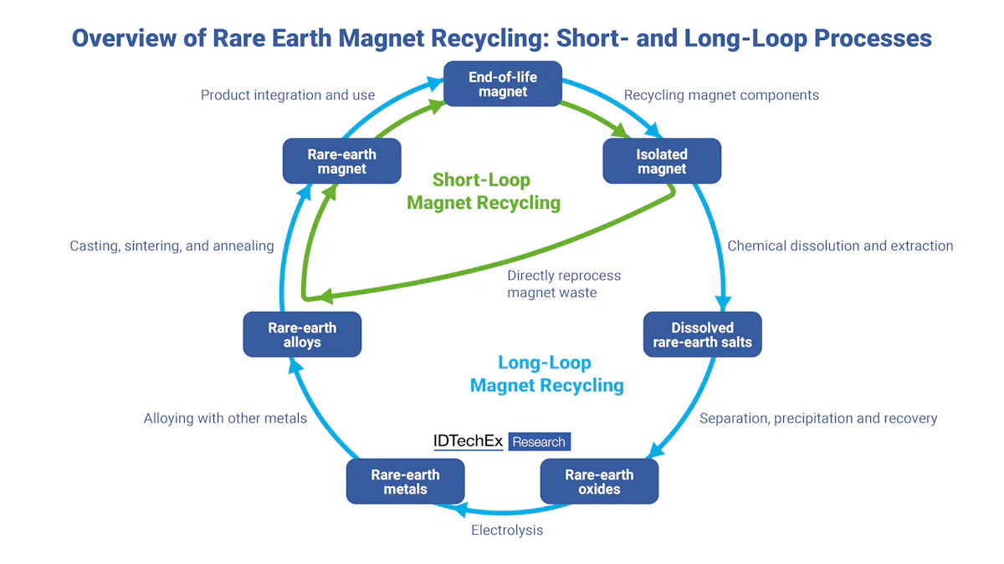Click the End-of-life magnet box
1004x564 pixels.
502,84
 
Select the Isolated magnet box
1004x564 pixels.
662,161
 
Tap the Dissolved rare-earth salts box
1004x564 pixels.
703,334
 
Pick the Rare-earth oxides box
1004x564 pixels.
599,481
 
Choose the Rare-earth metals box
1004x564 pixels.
405,481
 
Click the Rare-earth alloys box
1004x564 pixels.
302,334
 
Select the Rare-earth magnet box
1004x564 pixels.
342,161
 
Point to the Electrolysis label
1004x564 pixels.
507,530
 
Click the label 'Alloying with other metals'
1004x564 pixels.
225,418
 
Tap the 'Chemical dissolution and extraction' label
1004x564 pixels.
840,246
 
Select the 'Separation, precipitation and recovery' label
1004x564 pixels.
818,418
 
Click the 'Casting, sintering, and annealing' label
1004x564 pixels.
172,246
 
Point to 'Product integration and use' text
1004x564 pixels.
288,95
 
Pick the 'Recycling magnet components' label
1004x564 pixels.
721,95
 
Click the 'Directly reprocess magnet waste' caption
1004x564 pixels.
564,284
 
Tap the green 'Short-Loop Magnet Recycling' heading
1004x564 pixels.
483,191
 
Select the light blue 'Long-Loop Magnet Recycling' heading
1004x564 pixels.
546,373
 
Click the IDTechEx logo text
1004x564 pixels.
468,441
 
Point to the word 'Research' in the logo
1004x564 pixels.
539,442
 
